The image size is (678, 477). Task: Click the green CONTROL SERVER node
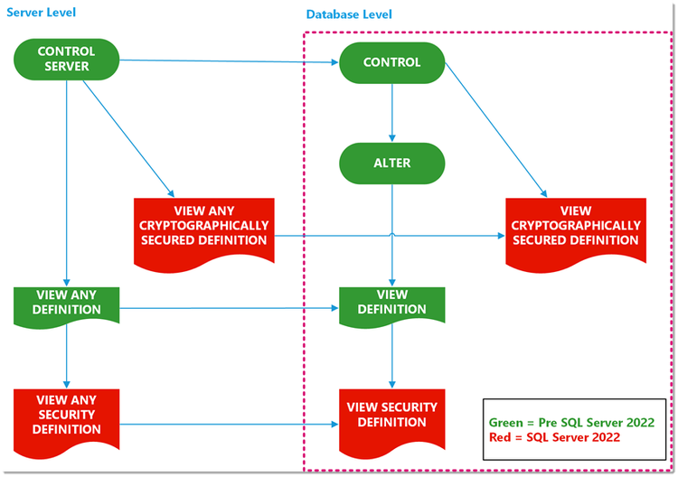click(67, 59)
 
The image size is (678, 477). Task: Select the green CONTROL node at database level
click(391, 62)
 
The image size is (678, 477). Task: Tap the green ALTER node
click(391, 164)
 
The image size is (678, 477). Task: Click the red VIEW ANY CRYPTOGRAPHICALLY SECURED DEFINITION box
click(203, 227)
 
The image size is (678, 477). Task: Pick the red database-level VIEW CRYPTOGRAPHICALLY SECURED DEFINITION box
click(575, 227)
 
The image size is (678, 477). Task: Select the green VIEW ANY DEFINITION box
click(67, 303)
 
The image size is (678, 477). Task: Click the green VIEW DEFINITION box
click(391, 303)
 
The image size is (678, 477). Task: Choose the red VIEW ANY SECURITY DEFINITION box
click(67, 415)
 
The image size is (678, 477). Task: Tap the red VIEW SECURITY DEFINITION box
click(391, 416)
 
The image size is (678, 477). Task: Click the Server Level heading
click(41, 12)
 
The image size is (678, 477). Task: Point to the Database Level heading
click(349, 14)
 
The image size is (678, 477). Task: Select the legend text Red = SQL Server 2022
click(554, 437)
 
